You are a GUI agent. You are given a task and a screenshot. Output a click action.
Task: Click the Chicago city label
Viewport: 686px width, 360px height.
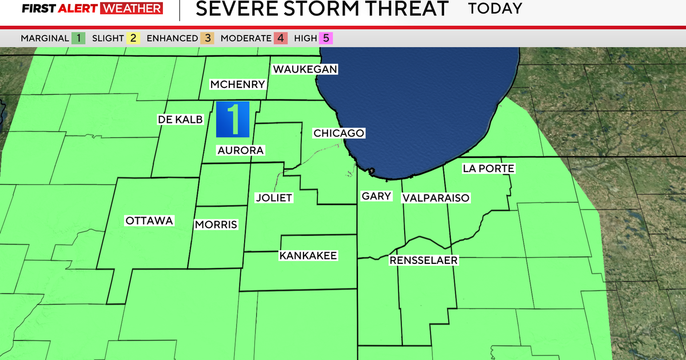click(338, 133)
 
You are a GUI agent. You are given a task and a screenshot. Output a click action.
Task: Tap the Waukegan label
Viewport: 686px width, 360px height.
click(305, 69)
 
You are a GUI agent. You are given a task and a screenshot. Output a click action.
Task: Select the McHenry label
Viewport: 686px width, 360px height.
click(238, 85)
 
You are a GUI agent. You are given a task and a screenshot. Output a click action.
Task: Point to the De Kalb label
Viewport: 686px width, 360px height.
click(180, 119)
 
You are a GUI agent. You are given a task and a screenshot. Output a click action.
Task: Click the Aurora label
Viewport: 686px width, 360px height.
click(240, 150)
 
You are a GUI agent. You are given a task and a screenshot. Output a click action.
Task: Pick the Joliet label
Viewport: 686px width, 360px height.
click(274, 198)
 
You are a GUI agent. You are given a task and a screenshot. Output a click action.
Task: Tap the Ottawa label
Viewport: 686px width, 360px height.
click(149, 221)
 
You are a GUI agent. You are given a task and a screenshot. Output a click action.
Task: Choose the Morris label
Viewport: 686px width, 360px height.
click(216, 225)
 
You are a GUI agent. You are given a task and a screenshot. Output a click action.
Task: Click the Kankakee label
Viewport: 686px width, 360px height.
click(308, 255)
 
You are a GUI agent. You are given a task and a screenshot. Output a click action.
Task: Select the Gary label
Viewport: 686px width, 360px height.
click(377, 196)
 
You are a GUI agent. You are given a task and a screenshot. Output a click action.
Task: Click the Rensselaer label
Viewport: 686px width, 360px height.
click(424, 261)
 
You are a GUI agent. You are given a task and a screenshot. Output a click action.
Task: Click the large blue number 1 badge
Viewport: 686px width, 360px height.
click(233, 119)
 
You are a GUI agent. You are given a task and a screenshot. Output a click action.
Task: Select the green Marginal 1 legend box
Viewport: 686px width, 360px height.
click(78, 38)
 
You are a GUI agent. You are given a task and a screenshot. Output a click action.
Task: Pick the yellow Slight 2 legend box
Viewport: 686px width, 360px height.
click(133, 38)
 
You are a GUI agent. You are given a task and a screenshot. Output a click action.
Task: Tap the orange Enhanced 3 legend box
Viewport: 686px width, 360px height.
click(208, 38)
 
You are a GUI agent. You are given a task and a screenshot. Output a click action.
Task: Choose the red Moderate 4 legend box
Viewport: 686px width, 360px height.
click(280, 38)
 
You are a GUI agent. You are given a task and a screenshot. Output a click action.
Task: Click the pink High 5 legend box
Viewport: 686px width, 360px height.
click(326, 38)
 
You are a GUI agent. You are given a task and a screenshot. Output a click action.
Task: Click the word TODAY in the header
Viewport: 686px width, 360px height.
click(495, 9)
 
